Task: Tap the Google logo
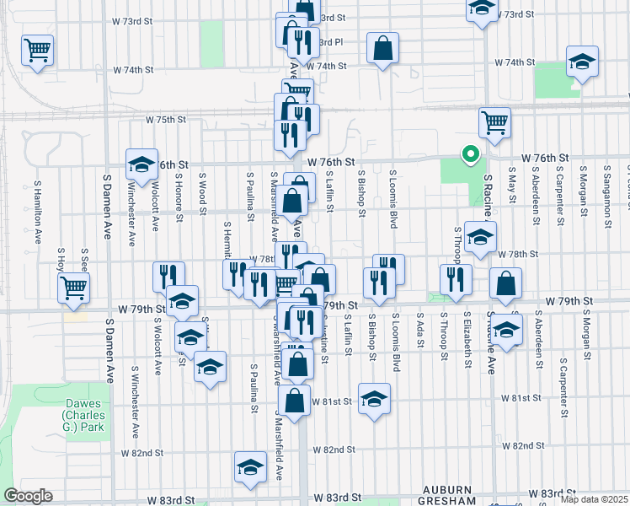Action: pyautogui.click(x=28, y=496)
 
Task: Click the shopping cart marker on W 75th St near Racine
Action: pyautogui.click(x=494, y=122)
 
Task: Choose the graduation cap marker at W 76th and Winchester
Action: pyautogui.click(x=141, y=164)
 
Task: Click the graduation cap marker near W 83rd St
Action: pyautogui.click(x=250, y=468)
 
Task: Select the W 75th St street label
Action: pyautogui.click(x=165, y=120)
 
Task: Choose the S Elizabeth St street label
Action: pyautogui.click(x=467, y=336)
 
